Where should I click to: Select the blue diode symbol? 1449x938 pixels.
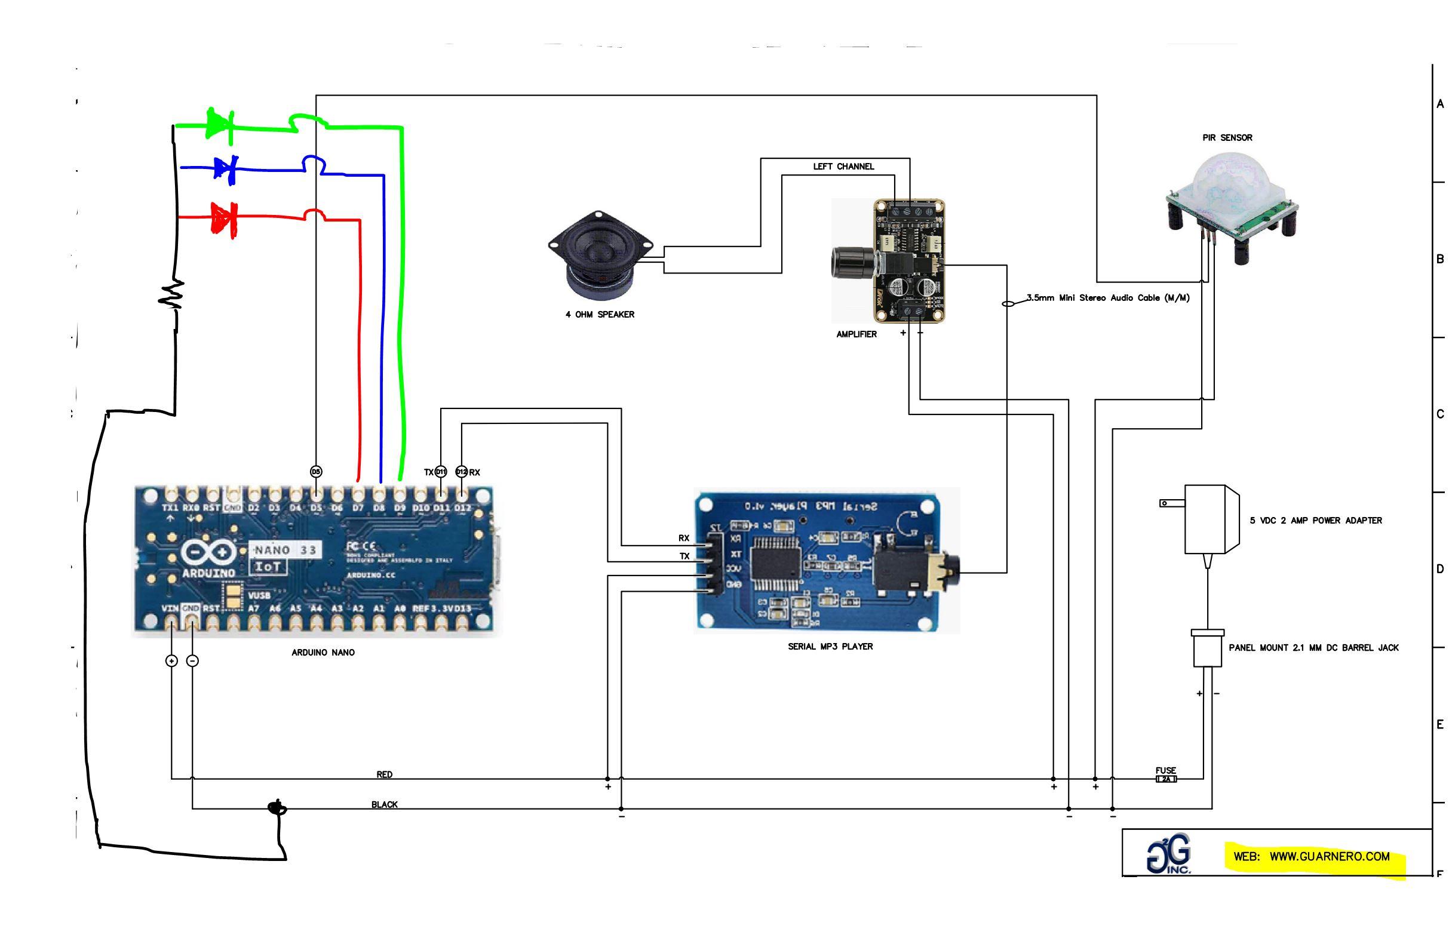tap(225, 167)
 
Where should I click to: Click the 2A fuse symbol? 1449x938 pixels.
tap(1165, 779)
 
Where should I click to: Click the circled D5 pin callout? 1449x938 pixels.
tap(316, 471)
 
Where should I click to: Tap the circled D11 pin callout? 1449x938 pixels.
tap(441, 472)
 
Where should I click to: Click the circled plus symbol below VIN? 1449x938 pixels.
tap(171, 660)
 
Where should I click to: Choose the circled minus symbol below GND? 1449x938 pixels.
tap(192, 660)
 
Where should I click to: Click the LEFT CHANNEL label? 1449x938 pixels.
tap(843, 167)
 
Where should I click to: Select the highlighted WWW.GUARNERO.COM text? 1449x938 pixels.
tap(1329, 856)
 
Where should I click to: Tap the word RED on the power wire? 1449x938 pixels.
tap(384, 774)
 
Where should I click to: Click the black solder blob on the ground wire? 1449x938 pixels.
tap(277, 808)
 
